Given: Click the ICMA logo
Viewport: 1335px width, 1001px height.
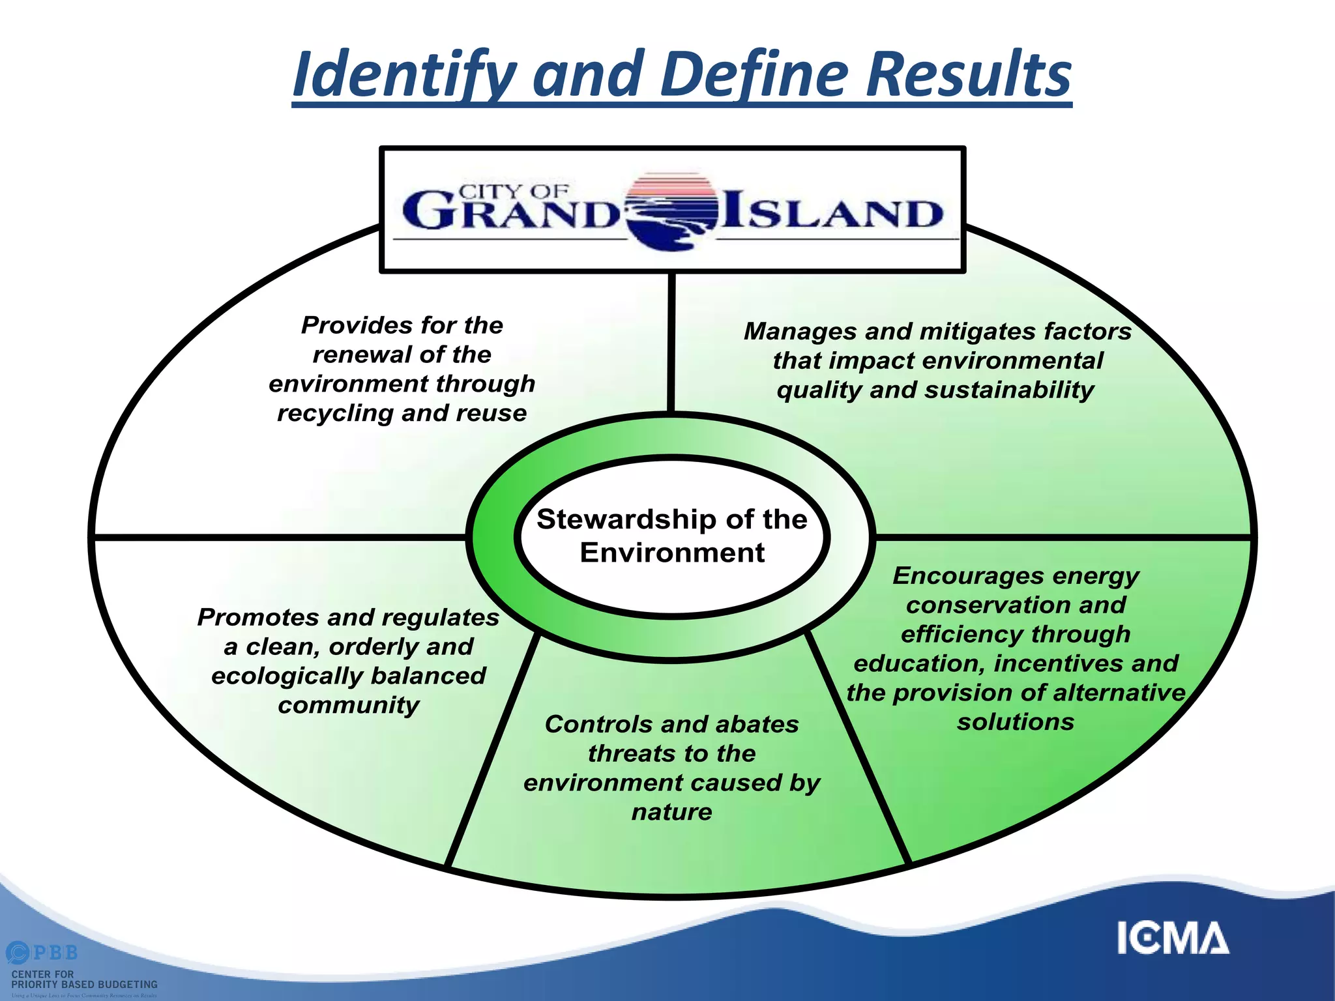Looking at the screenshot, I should pos(1173,938).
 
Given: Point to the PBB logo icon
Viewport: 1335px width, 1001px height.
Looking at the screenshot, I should pos(18,953).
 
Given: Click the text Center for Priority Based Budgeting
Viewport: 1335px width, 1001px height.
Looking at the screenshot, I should pos(84,979).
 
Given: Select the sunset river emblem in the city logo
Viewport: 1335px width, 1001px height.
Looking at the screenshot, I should pos(671,212).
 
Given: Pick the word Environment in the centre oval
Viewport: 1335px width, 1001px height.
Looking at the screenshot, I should pos(671,553).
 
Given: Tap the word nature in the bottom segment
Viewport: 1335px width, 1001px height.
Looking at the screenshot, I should pos(671,812).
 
